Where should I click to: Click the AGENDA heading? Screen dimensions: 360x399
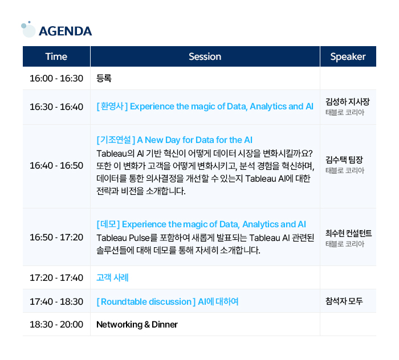tap(65, 31)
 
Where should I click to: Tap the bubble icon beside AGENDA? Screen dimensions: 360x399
tap(27, 28)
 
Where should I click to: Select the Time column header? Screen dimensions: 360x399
tap(56, 56)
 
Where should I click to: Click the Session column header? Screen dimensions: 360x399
tap(205, 56)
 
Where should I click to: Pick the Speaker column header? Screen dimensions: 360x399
tap(348, 56)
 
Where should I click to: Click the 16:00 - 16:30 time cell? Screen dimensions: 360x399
tap(56, 78)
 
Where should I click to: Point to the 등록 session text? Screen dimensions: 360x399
tap(104, 78)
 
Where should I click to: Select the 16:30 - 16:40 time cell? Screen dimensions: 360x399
tap(56, 107)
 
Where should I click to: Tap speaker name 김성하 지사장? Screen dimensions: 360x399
tap(348, 102)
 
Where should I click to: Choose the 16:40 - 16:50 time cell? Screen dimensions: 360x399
tap(56, 166)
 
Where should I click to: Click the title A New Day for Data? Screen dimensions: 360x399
tap(174, 140)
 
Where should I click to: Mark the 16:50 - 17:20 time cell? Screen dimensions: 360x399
tap(56, 237)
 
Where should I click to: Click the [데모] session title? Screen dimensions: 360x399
tap(201, 224)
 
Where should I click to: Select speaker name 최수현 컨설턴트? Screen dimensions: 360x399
tap(348, 233)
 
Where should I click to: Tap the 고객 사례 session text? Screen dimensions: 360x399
tap(112, 278)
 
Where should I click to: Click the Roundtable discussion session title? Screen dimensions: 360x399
tap(167, 301)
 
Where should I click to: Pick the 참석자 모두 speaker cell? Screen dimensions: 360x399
tap(344, 301)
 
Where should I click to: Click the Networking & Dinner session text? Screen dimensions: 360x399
tap(137, 325)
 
